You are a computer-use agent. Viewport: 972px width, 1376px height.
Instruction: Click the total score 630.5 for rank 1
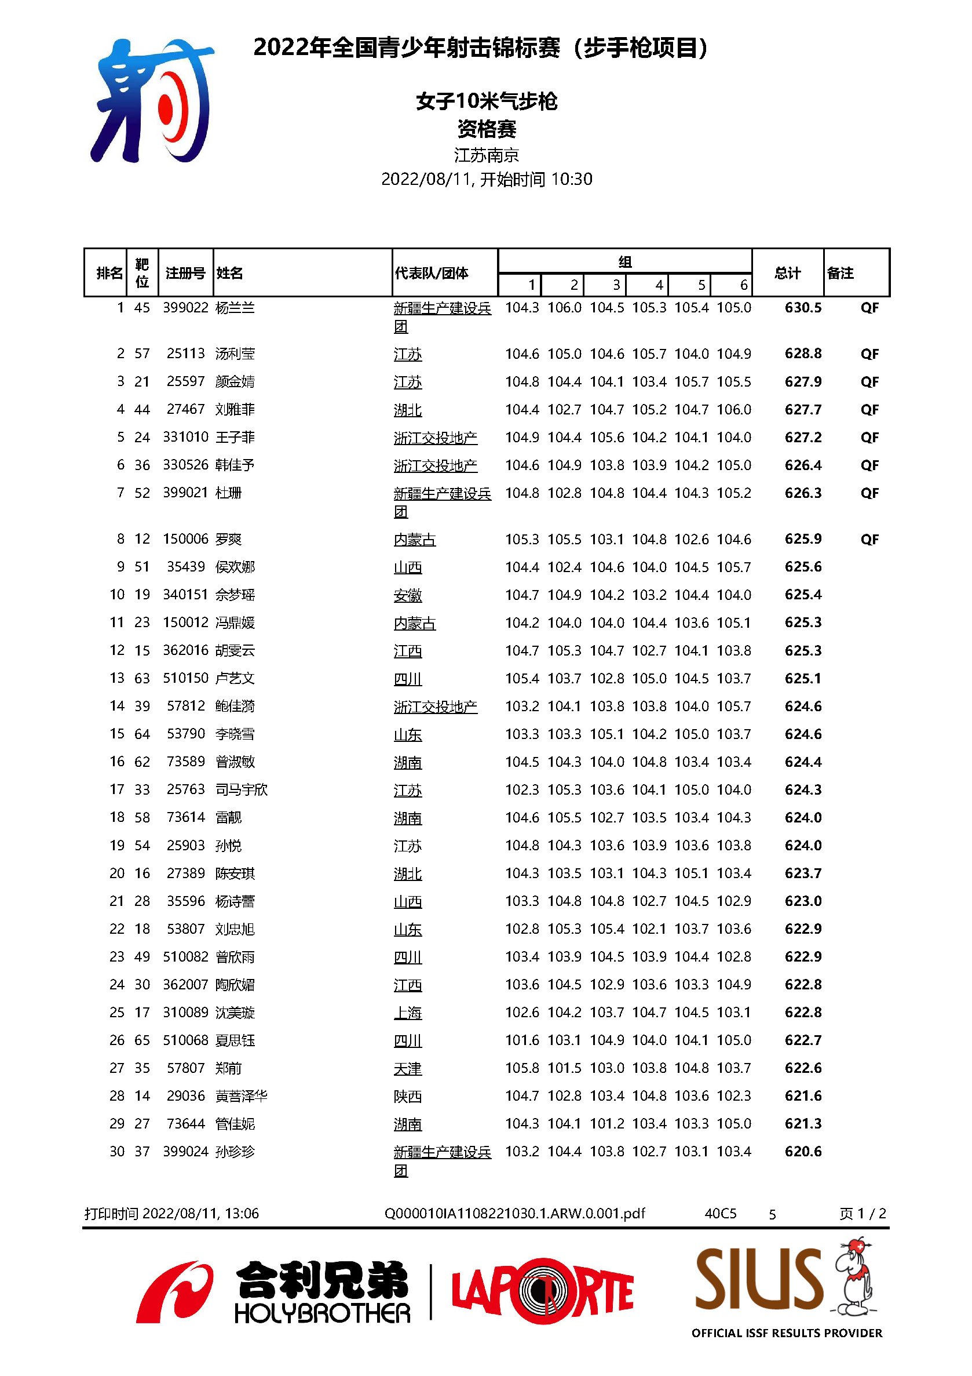pyautogui.click(x=802, y=308)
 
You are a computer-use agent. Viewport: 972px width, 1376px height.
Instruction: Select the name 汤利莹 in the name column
pyautogui.click(x=235, y=354)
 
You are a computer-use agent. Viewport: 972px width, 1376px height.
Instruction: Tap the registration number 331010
pyautogui.click(x=185, y=437)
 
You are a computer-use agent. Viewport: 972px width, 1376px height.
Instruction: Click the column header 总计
pyautogui.click(x=787, y=273)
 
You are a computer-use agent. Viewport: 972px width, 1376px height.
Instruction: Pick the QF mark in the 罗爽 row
pyautogui.click(x=869, y=540)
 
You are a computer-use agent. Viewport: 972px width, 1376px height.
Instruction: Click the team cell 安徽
pyautogui.click(x=407, y=595)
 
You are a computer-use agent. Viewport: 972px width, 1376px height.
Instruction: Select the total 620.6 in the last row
pyautogui.click(x=802, y=1151)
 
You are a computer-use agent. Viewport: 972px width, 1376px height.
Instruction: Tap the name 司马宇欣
pyautogui.click(x=242, y=789)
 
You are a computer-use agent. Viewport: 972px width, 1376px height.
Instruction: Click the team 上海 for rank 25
pyautogui.click(x=407, y=1013)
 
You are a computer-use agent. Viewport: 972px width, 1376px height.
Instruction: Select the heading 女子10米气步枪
pyautogui.click(x=487, y=101)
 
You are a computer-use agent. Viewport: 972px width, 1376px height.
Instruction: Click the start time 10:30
pyautogui.click(x=571, y=179)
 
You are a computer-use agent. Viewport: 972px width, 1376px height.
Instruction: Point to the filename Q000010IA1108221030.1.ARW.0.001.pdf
pyautogui.click(x=514, y=1214)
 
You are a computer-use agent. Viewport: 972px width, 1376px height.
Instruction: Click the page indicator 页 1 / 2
pyautogui.click(x=862, y=1214)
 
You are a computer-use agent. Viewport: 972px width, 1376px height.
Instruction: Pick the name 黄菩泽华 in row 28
pyautogui.click(x=242, y=1096)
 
